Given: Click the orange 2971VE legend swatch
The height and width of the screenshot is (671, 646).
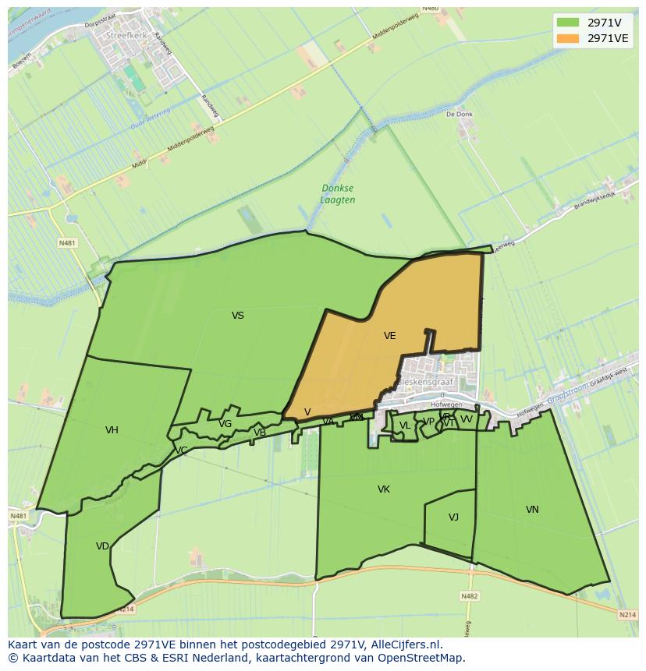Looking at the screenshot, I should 568,38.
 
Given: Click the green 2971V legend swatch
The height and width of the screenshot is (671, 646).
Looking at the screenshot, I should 568,23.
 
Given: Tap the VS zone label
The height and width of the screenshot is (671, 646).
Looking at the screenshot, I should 238,316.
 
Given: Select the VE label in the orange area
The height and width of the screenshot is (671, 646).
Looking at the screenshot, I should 390,336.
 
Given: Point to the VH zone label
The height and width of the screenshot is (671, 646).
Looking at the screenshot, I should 112,430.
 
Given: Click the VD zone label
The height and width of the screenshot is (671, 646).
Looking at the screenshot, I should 102,546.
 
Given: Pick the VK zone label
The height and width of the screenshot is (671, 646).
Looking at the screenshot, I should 383,489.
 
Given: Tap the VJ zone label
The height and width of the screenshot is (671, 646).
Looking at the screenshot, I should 453,517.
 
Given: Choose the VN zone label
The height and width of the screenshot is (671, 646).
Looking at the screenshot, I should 532,510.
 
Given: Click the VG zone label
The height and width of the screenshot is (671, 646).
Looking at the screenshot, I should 225,424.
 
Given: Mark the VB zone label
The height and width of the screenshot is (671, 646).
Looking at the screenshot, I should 260,433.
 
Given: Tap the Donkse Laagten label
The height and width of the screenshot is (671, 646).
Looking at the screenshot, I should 338,194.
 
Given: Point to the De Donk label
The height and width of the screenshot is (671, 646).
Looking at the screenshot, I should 460,114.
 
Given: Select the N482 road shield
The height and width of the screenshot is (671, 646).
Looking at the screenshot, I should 469,596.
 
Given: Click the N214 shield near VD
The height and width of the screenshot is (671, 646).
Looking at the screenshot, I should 126,609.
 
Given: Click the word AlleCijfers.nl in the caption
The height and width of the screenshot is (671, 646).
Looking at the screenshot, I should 405,645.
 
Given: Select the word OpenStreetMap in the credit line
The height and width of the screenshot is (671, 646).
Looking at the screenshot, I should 421,658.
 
